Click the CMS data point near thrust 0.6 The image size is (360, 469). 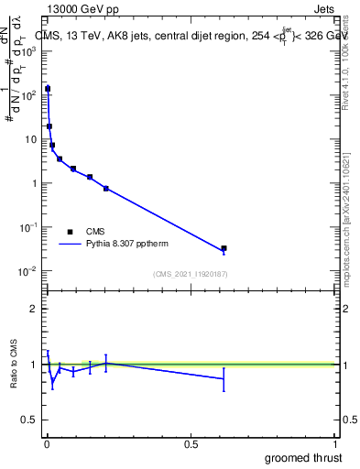[224, 248]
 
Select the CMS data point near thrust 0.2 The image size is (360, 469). [106, 189]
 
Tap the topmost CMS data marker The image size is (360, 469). [48, 89]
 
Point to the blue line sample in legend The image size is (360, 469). [70, 245]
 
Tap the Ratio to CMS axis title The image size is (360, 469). [16, 364]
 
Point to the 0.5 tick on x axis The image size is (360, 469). [191, 442]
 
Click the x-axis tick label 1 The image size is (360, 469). [334, 442]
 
